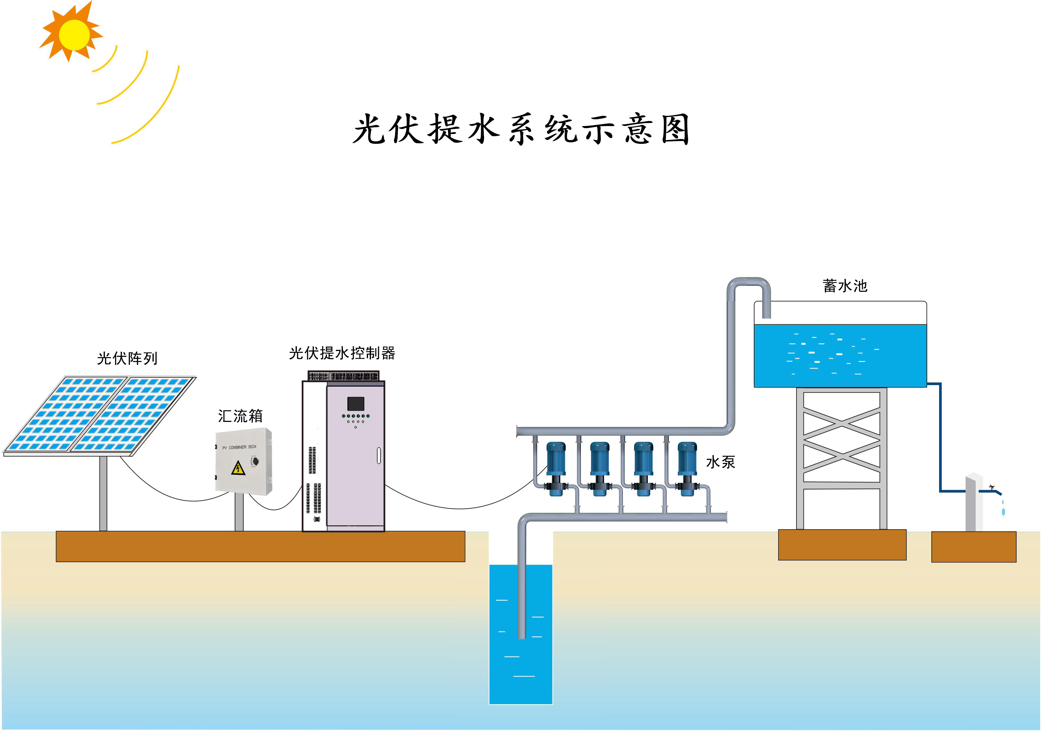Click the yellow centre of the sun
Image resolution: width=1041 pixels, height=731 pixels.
[x=74, y=35]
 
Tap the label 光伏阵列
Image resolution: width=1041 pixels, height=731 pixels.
[x=127, y=358]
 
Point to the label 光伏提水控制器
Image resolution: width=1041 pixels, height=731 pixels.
[x=342, y=353]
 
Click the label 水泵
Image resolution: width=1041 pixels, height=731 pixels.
[x=721, y=462]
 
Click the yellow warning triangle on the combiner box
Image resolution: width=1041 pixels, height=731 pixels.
[x=238, y=468]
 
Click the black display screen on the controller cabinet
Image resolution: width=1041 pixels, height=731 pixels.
[x=356, y=403]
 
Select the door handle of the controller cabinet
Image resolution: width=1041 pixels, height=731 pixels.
[x=379, y=456]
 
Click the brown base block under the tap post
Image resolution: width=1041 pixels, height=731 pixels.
[x=973, y=547]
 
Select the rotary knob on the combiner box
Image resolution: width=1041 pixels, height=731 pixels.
[x=255, y=461]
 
